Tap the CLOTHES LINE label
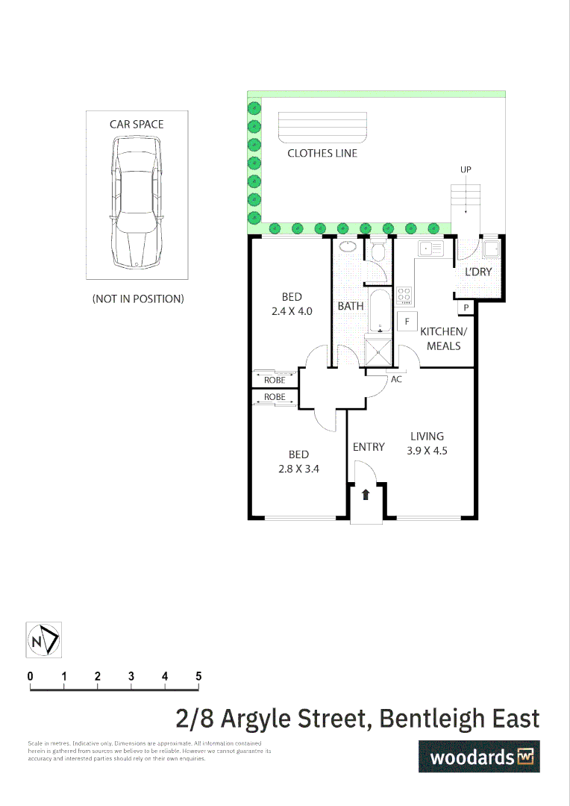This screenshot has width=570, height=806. [x=322, y=153]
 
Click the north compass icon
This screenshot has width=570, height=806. [x=44, y=640]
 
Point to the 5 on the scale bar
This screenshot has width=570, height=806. [x=198, y=676]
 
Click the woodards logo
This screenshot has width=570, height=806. [x=478, y=756]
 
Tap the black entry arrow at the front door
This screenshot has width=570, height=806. [x=366, y=494]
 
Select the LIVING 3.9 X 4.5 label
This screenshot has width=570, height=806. [x=427, y=443]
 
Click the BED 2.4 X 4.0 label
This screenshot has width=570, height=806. [x=292, y=304]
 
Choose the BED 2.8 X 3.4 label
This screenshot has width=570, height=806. [x=298, y=461]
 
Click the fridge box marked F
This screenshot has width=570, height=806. [x=407, y=322]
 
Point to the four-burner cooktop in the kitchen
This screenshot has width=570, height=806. [x=404, y=295]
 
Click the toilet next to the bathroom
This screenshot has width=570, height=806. [x=376, y=252]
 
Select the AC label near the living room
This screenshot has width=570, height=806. [x=396, y=379]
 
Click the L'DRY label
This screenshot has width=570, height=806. [x=478, y=272]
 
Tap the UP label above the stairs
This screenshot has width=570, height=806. [x=466, y=170]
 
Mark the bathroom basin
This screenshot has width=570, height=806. [x=347, y=246]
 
